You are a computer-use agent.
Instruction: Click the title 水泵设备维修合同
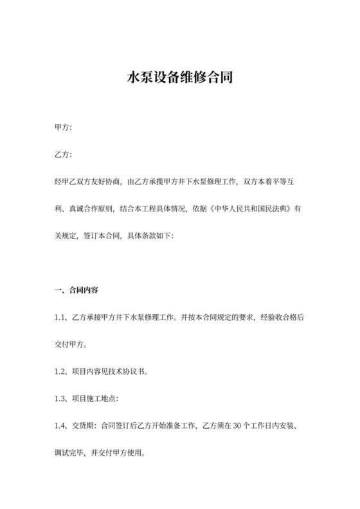point(179,78)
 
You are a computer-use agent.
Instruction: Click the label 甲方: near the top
point(63,128)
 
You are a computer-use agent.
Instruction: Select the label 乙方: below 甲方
point(63,155)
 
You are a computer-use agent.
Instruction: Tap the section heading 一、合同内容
point(76,290)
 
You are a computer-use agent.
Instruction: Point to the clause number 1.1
point(60,317)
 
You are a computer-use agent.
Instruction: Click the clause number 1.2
point(60,371)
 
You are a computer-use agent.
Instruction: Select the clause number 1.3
point(60,398)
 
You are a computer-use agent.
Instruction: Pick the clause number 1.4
point(60,425)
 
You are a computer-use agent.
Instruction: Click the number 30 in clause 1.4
point(233,425)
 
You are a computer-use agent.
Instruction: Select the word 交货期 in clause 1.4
point(85,425)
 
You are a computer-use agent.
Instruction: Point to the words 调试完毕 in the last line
point(72,452)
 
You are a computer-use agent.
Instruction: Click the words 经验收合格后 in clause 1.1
point(281,317)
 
